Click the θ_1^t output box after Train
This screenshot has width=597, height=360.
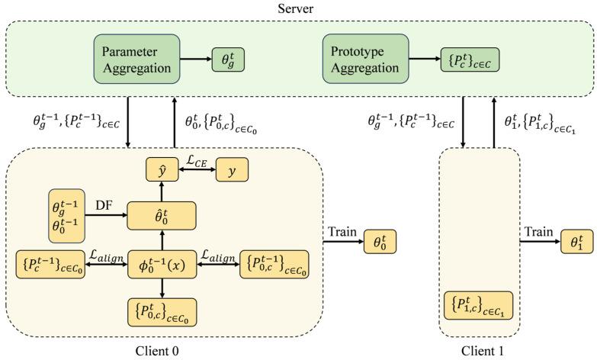pos(576,243)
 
